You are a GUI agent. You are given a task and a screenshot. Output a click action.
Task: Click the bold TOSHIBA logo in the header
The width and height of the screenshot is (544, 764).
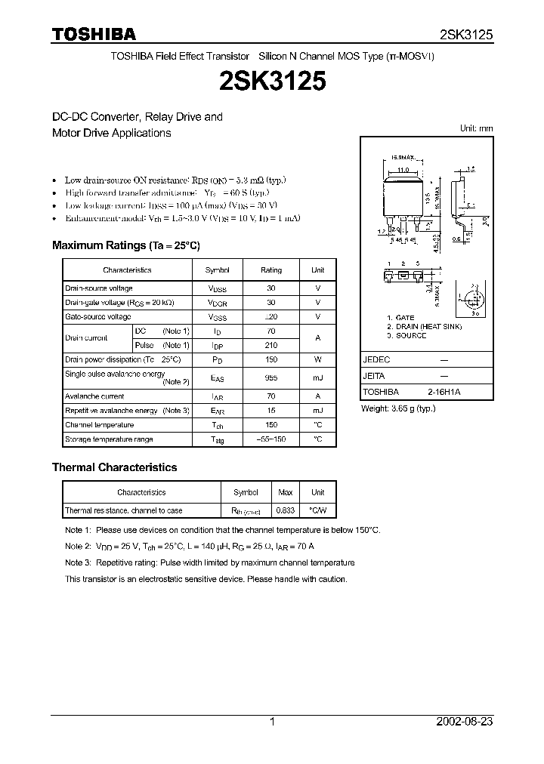pos(94,34)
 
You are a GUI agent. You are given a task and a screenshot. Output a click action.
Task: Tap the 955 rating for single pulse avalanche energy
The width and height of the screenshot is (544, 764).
pos(270,378)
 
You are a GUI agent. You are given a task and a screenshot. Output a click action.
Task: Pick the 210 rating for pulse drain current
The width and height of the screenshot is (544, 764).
pos(270,345)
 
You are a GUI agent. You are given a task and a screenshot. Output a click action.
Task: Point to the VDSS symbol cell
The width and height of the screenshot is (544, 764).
pos(218,288)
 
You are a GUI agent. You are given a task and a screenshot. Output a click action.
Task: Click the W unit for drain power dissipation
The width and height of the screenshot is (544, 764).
pos(317,359)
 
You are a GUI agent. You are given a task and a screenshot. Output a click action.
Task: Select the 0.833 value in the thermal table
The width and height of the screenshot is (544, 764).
pos(285,511)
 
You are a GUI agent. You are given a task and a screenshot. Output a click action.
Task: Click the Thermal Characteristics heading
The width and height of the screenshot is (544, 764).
pos(114,467)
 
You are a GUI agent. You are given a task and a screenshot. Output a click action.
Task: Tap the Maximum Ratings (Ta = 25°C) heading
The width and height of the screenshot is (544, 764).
pos(125,245)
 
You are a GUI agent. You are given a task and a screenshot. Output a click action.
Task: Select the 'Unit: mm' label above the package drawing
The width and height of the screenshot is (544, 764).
pos(476,128)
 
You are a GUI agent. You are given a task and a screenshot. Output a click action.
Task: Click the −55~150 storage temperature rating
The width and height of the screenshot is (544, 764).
pos(270,439)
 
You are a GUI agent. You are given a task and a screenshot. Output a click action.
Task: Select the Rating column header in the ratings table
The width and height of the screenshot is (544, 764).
pos(270,270)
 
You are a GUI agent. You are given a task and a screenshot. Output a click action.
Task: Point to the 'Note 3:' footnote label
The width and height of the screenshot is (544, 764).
pos(78,562)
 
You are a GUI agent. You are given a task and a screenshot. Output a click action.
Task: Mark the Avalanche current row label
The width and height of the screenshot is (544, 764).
pos(94,396)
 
